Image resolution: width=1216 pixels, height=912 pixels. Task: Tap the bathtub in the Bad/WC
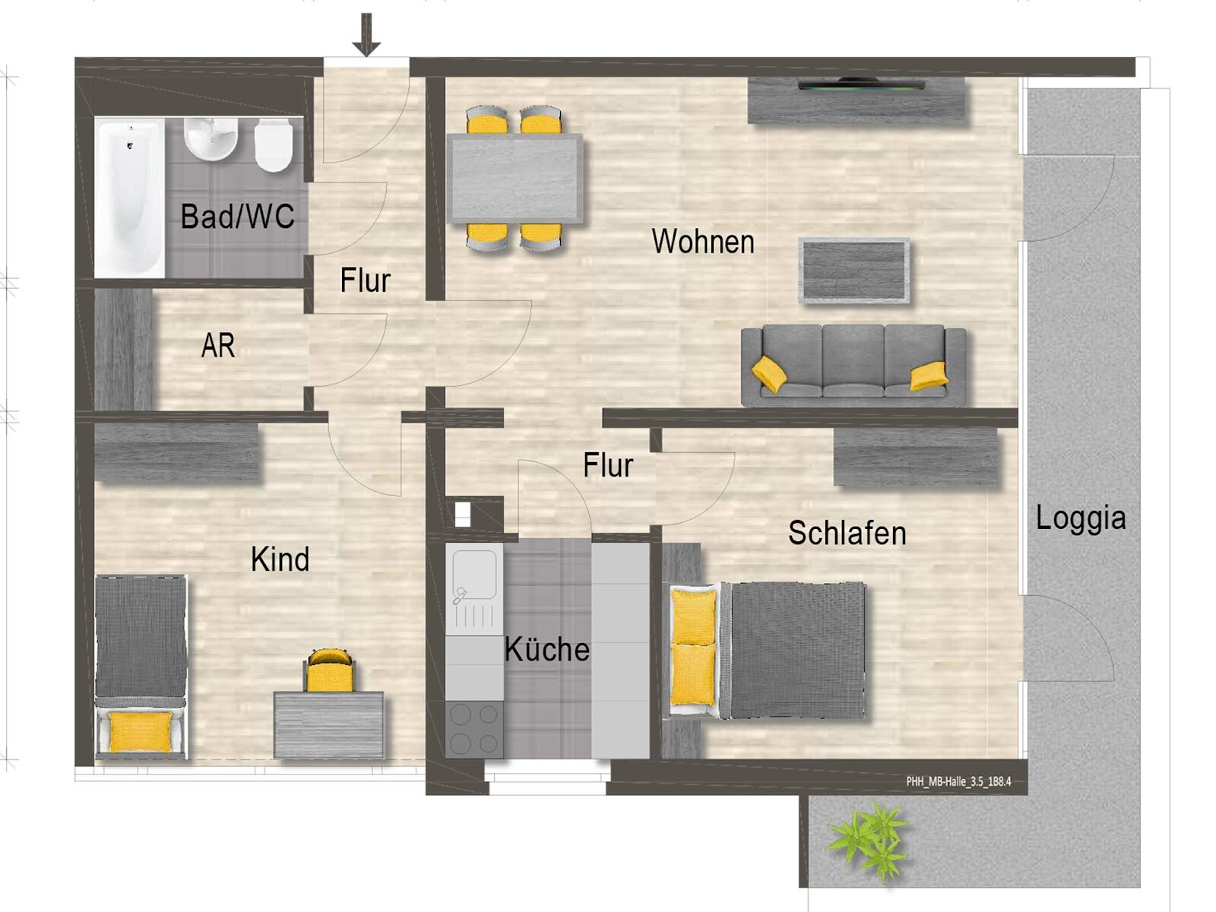129,198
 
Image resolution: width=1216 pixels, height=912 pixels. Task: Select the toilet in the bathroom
273,144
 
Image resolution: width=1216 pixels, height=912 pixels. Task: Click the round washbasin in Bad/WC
211,138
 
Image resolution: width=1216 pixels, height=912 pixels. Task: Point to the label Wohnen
703,242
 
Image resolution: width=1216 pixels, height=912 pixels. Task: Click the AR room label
218,347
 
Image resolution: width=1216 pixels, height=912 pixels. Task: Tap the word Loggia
1080,518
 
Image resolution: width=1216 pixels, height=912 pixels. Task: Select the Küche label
546,650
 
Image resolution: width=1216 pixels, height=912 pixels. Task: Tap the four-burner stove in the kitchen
474,729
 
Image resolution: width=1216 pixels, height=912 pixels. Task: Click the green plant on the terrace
869,840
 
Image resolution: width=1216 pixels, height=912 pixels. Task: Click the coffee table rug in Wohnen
853,271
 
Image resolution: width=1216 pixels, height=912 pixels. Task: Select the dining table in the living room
515,179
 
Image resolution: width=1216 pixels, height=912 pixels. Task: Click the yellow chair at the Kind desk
330,670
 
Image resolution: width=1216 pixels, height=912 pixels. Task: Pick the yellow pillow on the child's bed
141,732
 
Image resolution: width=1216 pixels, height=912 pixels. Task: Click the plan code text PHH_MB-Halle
958,781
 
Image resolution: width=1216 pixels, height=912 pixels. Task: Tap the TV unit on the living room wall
857,100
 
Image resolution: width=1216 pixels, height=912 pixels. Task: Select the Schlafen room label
847,534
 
